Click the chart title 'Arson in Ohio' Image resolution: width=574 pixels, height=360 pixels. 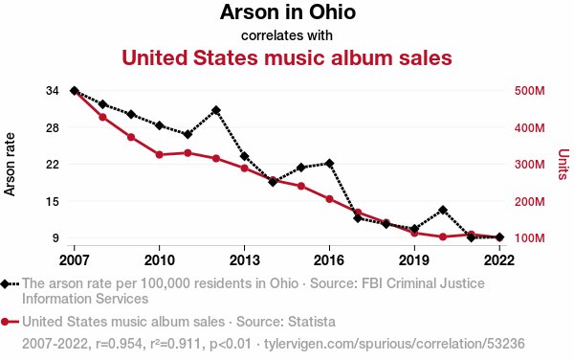288,12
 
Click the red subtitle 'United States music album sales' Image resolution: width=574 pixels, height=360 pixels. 287,57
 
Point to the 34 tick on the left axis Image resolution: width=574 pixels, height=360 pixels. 53,91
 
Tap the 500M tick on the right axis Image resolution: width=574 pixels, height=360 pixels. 529,91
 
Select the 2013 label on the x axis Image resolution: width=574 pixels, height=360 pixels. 244,260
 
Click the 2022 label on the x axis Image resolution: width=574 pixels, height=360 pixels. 499,260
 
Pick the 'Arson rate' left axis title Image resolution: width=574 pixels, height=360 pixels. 10,165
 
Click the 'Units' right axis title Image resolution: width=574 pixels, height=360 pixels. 563,165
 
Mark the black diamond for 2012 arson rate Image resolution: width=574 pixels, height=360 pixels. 216,110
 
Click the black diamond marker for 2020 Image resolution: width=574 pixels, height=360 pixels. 443,211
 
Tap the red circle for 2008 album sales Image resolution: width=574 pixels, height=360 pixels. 103,117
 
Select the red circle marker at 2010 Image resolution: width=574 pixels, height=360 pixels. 159,154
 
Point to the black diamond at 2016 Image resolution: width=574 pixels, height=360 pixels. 329,164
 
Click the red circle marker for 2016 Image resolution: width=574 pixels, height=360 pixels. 329,199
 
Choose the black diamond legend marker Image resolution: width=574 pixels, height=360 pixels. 5,284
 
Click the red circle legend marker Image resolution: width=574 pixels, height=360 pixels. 5,323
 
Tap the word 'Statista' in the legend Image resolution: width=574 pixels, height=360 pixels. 312,322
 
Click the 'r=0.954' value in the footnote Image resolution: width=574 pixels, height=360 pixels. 119,344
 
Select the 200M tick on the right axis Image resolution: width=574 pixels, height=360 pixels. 529,201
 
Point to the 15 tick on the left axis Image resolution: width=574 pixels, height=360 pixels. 53,201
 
